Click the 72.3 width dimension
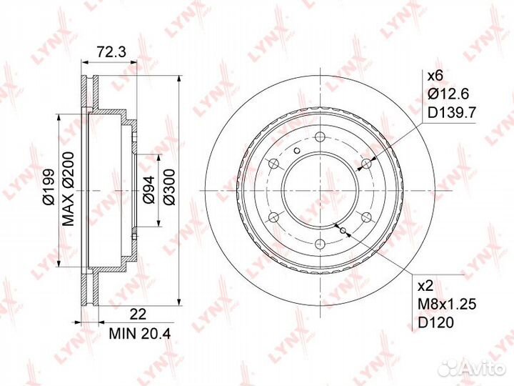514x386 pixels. coord(108,52)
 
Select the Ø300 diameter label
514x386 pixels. coord(169,187)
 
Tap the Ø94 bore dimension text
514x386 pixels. coord(148,189)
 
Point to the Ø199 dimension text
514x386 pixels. coord(49,187)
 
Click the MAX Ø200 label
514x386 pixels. coord(69,189)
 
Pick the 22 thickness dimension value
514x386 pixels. coord(138,315)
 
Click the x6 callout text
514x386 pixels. coord(435,76)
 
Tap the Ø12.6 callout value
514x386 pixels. coord(448,94)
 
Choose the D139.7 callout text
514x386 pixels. coord(452,113)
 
